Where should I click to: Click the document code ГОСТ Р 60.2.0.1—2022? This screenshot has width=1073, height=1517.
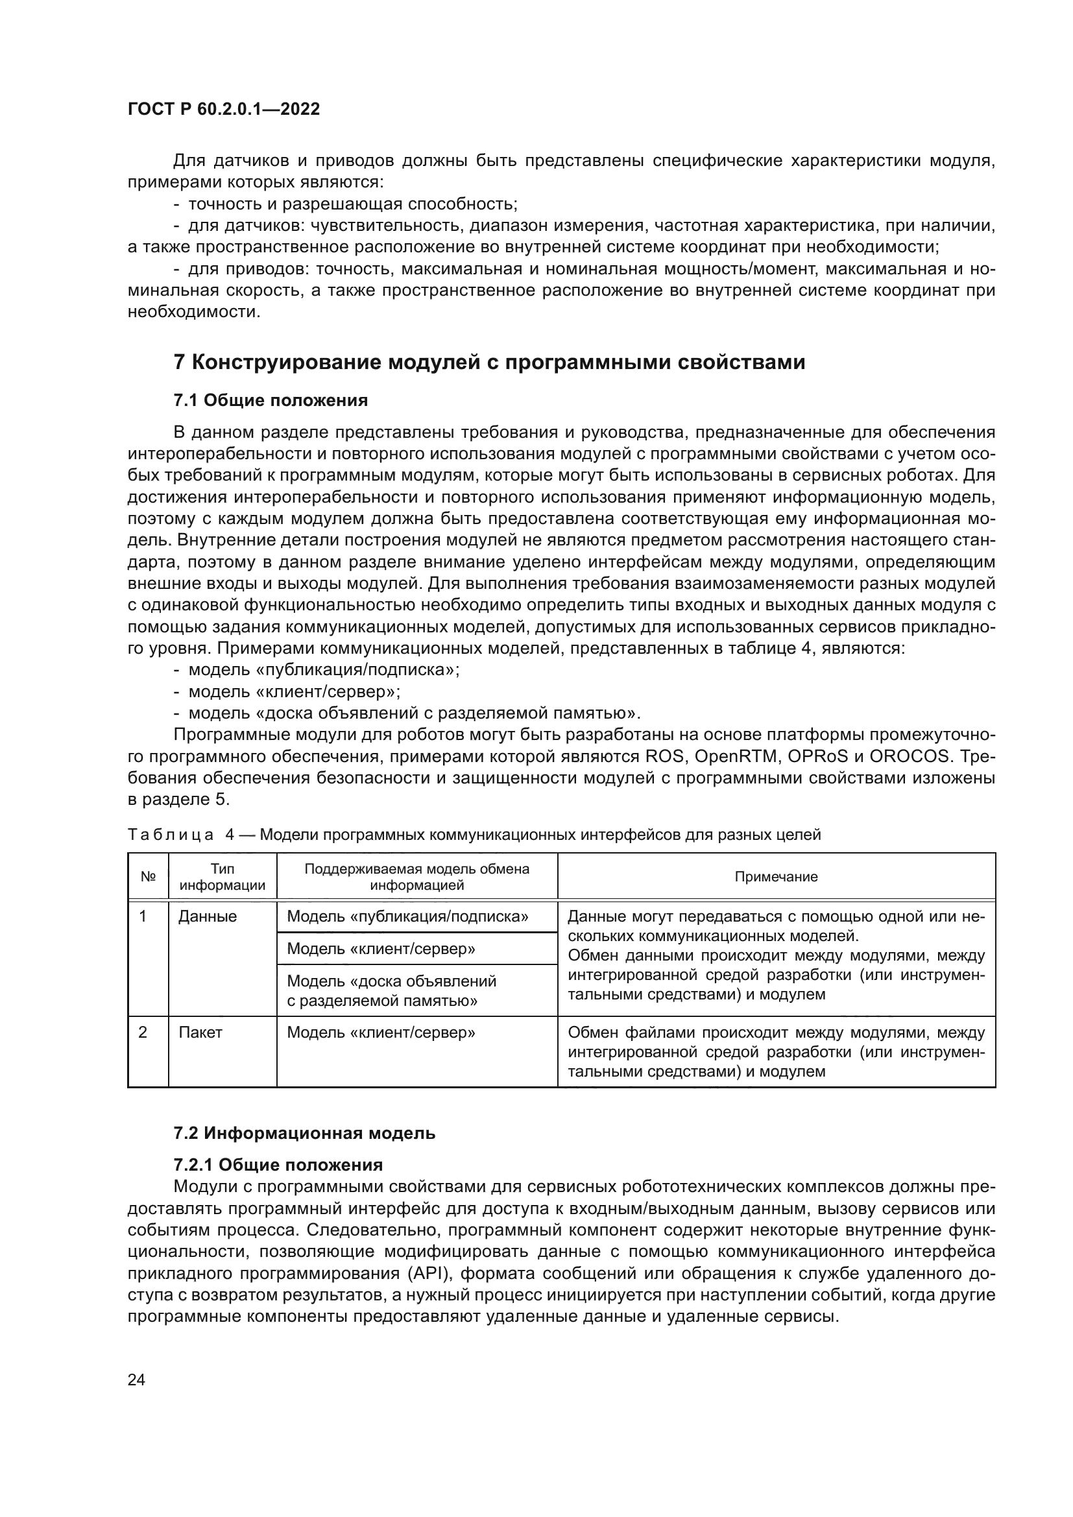click(x=223, y=110)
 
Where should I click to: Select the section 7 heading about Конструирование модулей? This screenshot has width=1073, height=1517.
click(x=489, y=362)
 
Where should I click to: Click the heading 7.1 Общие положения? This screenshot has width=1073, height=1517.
click(x=271, y=400)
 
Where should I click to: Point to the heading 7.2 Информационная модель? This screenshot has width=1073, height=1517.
click(x=304, y=1133)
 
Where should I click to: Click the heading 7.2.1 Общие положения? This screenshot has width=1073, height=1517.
click(x=278, y=1164)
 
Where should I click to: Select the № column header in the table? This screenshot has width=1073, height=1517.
click(x=148, y=876)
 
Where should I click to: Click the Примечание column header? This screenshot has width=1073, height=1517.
click(x=776, y=876)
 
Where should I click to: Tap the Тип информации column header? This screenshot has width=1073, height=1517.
click(x=223, y=876)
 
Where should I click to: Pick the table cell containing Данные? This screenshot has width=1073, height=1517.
click(x=208, y=916)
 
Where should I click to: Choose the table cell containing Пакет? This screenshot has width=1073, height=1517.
click(x=200, y=1032)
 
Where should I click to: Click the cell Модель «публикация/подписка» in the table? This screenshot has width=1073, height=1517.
click(x=407, y=916)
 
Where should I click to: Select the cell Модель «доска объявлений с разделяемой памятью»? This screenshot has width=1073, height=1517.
click(x=391, y=990)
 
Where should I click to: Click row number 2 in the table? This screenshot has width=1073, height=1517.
click(x=143, y=1032)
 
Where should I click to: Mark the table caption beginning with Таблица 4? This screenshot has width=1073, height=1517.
click(x=474, y=835)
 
